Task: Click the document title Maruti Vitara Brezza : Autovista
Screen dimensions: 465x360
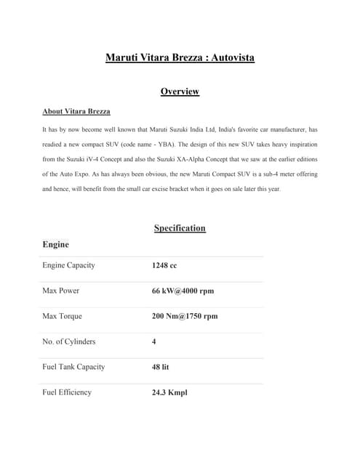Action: click(x=180, y=57)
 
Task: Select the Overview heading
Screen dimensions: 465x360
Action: click(x=180, y=92)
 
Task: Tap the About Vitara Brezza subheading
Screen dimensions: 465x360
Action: click(x=76, y=112)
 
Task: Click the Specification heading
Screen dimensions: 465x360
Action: click(x=180, y=228)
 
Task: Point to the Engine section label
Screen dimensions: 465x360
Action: click(x=56, y=245)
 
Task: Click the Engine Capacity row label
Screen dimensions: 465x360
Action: click(x=69, y=265)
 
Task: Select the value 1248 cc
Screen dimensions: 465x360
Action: click(x=164, y=266)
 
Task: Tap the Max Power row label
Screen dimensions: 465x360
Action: click(x=61, y=291)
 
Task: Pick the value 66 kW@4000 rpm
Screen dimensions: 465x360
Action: click(x=183, y=291)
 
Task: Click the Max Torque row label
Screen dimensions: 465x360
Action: click(x=63, y=316)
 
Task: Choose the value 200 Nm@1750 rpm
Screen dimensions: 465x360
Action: click(x=185, y=317)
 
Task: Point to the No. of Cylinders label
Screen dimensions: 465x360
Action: click(x=69, y=341)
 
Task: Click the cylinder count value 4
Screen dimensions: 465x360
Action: click(x=154, y=341)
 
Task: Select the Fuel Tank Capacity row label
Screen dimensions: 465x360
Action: click(x=73, y=367)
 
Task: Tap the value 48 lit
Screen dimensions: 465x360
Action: click(x=161, y=367)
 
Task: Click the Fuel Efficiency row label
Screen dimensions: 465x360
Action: click(x=67, y=392)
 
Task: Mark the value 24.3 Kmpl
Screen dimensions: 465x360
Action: click(x=169, y=393)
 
